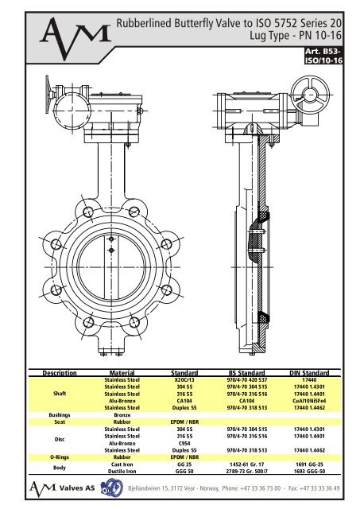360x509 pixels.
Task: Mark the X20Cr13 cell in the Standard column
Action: tap(184, 379)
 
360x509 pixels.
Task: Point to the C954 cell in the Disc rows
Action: tap(184, 443)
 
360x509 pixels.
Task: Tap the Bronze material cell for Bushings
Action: tap(122, 414)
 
